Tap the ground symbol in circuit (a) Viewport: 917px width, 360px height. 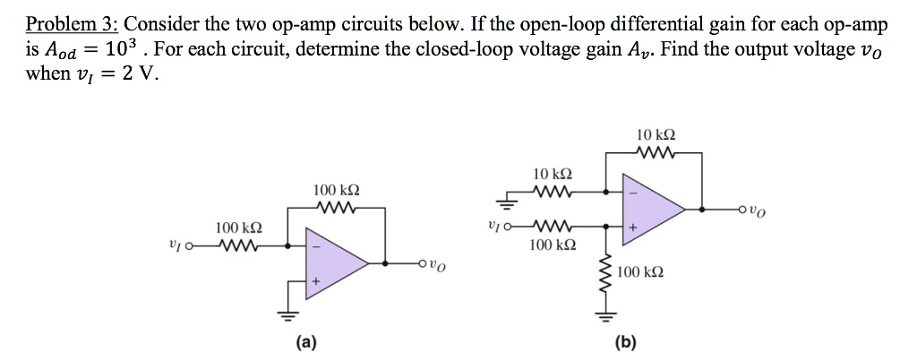pyautogui.click(x=289, y=313)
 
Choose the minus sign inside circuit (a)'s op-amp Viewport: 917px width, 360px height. pyautogui.click(x=313, y=244)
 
